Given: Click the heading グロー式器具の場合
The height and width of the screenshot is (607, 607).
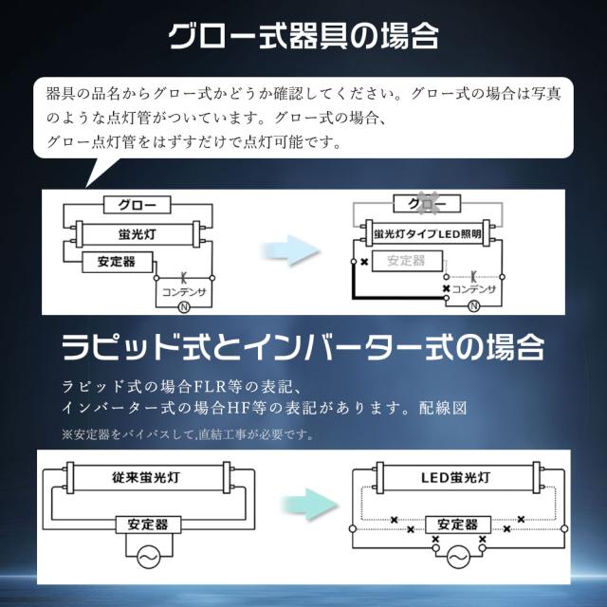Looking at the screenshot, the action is [303, 36].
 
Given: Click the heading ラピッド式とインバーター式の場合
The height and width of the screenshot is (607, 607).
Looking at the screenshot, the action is [303, 346].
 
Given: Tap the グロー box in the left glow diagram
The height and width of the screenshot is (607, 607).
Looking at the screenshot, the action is [137, 205].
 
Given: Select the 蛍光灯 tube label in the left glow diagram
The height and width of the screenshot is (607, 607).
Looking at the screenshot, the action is [138, 234].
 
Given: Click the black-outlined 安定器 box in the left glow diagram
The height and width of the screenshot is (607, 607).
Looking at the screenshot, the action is [118, 262].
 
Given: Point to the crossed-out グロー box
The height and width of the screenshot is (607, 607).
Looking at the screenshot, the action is [427, 203].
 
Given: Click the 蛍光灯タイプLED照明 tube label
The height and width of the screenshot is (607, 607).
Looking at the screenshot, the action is [428, 234].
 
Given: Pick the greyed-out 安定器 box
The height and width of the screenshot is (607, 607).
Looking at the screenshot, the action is [407, 261].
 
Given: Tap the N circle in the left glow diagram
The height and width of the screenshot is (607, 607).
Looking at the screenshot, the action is [184, 307].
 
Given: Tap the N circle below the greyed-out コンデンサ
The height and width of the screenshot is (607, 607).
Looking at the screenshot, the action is [474, 306].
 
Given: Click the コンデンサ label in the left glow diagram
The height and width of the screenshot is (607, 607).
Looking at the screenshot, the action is [183, 292].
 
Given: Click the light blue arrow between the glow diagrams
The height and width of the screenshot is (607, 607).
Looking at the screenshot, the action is [291, 250].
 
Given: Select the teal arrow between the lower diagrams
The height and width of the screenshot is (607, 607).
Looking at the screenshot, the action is [310, 505].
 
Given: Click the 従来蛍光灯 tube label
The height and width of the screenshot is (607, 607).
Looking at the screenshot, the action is [146, 477].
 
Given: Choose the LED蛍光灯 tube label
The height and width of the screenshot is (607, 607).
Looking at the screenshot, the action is [455, 477].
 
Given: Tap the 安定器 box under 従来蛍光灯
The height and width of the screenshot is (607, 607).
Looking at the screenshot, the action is [148, 524].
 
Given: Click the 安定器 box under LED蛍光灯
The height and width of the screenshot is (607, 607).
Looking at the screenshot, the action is [458, 524].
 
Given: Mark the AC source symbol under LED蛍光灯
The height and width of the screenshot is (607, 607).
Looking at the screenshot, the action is [458, 558].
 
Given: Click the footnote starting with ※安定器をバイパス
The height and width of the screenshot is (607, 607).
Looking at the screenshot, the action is [188, 434].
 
